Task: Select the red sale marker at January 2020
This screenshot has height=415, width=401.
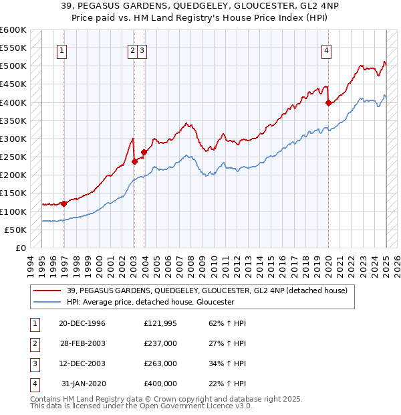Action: [x=328, y=102]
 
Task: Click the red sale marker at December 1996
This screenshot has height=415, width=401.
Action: [x=63, y=203]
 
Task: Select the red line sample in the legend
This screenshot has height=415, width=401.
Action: [x=47, y=290]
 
